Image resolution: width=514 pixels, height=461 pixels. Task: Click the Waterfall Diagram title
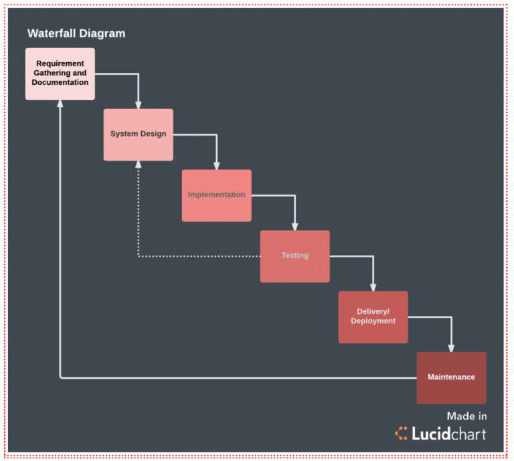click(76, 33)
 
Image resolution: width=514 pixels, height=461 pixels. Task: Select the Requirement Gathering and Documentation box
click(60, 73)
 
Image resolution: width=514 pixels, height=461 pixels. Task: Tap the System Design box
click(138, 134)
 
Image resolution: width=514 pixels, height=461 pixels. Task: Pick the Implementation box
click(216, 195)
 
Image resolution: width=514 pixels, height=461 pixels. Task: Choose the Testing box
click(294, 256)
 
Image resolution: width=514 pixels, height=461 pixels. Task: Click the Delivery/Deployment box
click(373, 317)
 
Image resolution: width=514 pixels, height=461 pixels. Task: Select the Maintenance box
click(451, 377)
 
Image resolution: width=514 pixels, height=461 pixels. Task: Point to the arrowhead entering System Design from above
click(139, 104)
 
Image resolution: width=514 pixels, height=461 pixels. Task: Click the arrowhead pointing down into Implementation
click(217, 165)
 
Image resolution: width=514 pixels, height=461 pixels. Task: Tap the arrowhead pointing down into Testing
click(295, 226)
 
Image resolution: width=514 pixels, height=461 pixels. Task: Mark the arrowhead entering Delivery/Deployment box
click(373, 287)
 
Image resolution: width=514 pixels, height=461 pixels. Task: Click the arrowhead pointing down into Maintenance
click(451, 347)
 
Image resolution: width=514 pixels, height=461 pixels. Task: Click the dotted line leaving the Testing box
click(201, 256)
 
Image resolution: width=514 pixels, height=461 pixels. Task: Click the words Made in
click(466, 416)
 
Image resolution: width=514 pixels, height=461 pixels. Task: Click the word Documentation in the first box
click(60, 82)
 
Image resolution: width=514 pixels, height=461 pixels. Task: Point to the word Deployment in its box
click(373, 321)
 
